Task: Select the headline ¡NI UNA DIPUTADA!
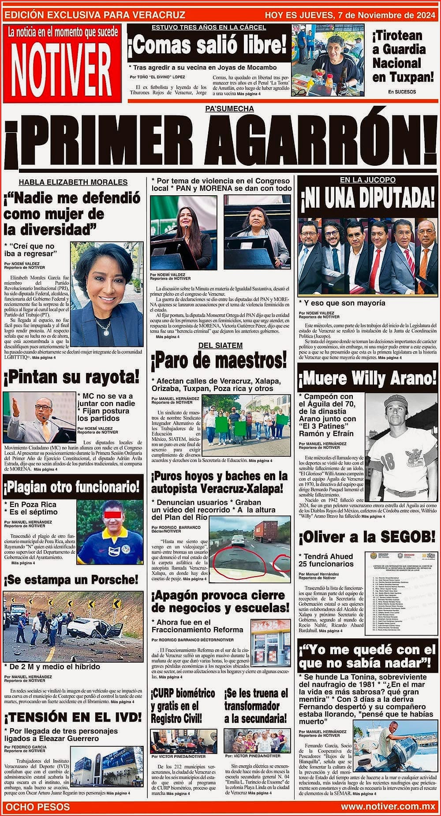[x=368, y=199]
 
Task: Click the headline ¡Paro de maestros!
[x=219, y=362]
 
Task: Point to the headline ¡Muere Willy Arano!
[x=368, y=378]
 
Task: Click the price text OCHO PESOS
[x=37, y=807]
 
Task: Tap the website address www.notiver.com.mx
[x=388, y=807]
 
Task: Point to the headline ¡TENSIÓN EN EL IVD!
[x=73, y=717]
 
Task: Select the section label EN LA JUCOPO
[x=368, y=180]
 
